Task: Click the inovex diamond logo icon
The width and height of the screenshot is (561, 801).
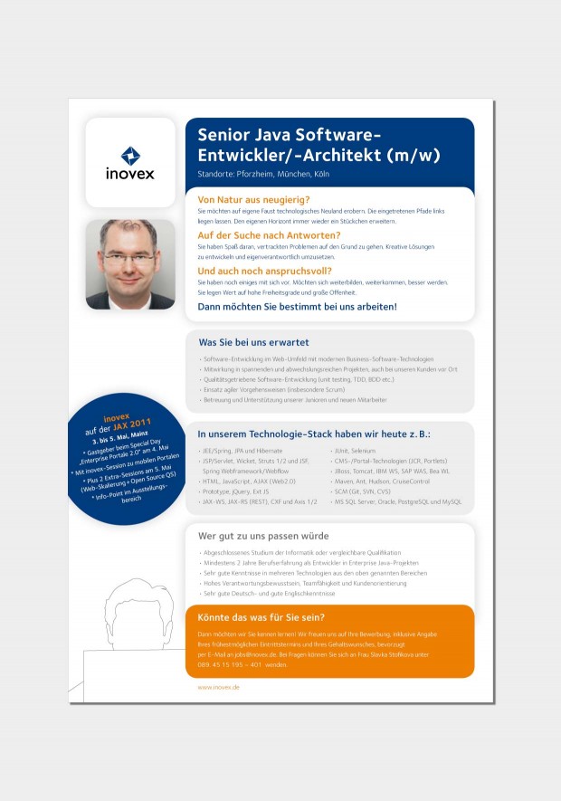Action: coord(130,155)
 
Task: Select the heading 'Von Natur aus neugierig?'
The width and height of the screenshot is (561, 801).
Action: coord(253,199)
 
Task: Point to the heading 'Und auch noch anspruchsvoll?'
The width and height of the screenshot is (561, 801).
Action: coord(264,271)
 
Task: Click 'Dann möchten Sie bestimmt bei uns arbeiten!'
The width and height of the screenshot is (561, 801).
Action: coord(297,307)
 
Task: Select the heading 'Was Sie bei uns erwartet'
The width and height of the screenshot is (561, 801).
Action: coord(253,343)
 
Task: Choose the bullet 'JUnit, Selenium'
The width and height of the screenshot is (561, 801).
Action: coord(357,451)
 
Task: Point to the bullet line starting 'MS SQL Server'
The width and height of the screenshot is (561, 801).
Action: coord(398,501)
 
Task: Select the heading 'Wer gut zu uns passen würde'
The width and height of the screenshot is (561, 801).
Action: coord(263,536)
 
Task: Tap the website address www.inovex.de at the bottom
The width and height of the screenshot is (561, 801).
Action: coord(218,688)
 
